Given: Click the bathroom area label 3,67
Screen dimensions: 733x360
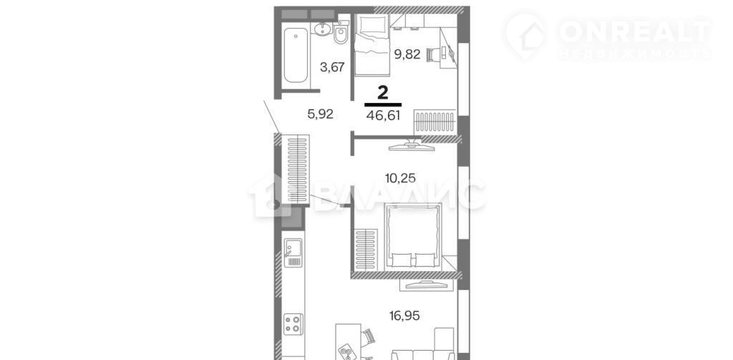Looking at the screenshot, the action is pos(332,67).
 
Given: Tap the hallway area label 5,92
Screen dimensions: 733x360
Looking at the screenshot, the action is pos(320,114).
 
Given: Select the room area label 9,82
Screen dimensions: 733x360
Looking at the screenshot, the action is pos(407,54).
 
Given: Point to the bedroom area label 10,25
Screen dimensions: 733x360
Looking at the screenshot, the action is pos(400,177).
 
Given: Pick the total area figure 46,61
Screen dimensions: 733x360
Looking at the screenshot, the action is pos(384,115).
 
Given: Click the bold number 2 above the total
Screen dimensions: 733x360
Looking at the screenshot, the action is pos(383,92).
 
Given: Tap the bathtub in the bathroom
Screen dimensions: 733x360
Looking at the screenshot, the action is pos(296,55).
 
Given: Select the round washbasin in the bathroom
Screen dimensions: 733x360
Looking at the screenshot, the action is pos(322,30).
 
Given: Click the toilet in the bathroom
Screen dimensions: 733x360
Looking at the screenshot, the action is pos(341,34).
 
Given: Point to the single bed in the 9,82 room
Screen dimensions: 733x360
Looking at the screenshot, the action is pos(372,44).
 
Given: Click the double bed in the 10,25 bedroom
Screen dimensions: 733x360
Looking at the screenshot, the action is pos(413,236).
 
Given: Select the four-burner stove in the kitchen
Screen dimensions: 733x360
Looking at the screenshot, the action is pos(293,323).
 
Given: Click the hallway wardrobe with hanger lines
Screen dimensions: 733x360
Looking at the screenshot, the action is pos(296,169).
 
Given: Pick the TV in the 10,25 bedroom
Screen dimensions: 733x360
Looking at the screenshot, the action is pos(412,145).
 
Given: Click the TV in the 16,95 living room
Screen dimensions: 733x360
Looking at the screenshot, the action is pos(422,283).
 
